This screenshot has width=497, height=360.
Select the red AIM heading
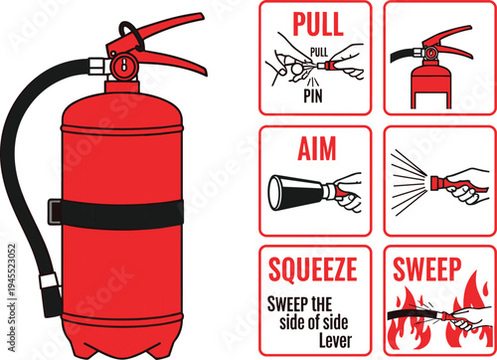315,148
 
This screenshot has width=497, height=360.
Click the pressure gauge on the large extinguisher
122,67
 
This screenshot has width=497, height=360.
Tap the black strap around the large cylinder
119,211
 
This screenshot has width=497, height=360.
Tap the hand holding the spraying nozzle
463,186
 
